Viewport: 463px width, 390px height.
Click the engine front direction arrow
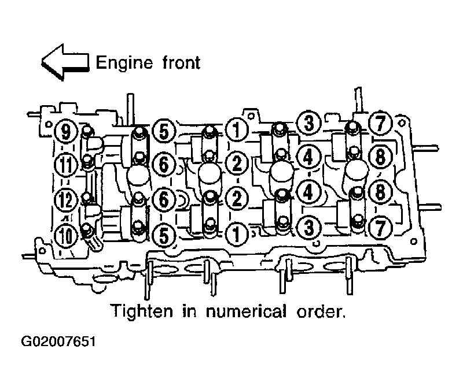point(65,62)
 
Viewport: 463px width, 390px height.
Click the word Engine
point(124,63)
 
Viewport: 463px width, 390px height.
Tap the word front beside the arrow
point(181,62)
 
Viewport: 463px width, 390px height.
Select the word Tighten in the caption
point(141,310)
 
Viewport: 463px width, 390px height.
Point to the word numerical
point(246,311)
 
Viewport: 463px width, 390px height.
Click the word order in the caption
point(321,312)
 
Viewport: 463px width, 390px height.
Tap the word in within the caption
point(189,311)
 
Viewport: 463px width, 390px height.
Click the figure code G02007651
point(58,342)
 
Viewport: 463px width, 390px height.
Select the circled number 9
point(66,131)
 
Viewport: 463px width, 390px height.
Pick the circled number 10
point(66,236)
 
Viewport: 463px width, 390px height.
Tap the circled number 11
point(66,164)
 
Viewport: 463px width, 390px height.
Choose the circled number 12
point(66,200)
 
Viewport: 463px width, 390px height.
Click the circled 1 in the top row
point(237,129)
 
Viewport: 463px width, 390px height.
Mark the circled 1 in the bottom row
point(237,235)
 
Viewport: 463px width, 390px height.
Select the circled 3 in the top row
point(308,122)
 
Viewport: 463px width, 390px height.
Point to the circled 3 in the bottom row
point(308,227)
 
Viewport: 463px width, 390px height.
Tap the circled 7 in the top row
point(380,123)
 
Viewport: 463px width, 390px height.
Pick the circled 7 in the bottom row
point(380,228)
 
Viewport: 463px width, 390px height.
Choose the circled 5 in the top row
point(164,131)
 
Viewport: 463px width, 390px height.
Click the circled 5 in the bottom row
point(164,236)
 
